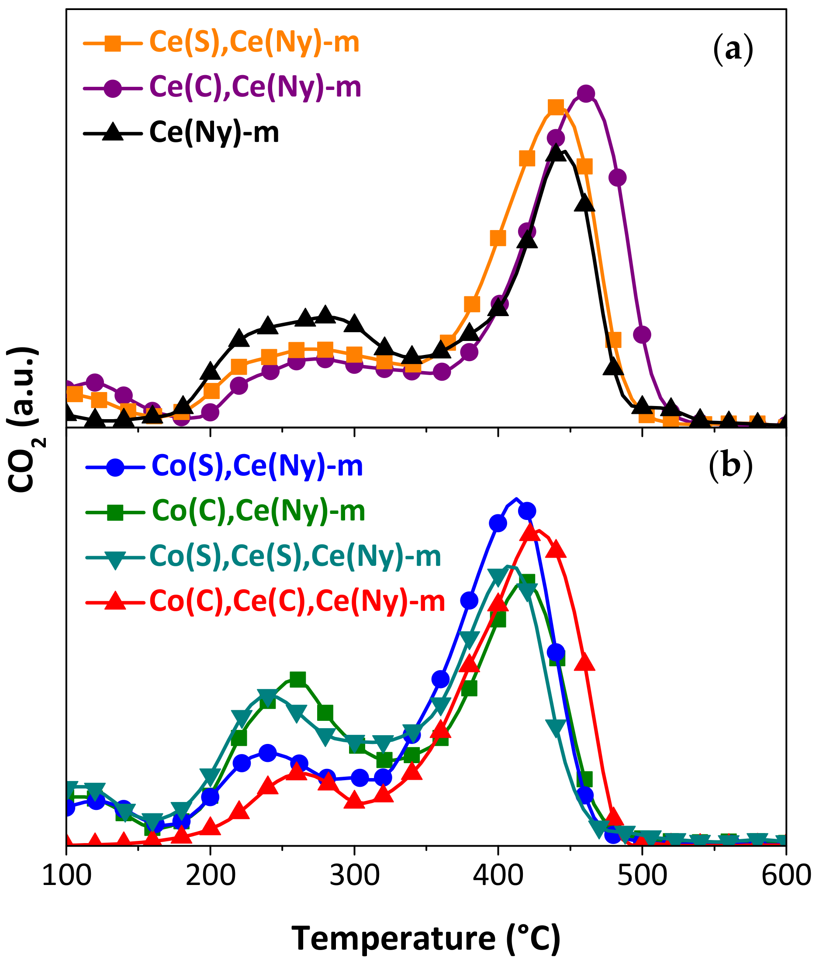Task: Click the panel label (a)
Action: click(x=733, y=49)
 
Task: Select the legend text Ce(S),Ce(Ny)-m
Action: click(x=254, y=42)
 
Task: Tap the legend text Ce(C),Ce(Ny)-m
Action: click(x=256, y=87)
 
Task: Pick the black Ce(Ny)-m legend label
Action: click(x=214, y=133)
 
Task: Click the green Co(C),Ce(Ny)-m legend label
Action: click(x=259, y=511)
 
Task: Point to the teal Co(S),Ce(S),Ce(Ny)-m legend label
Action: click(x=296, y=556)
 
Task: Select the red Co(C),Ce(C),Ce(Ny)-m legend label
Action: click(x=297, y=602)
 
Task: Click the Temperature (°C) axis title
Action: click(x=426, y=939)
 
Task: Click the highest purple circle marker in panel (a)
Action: click(x=586, y=94)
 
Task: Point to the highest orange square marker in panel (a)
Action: click(x=556, y=107)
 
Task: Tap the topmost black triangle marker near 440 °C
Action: click(x=556, y=152)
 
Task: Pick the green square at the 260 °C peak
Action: click(x=298, y=679)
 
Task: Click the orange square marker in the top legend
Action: click(x=112, y=44)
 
